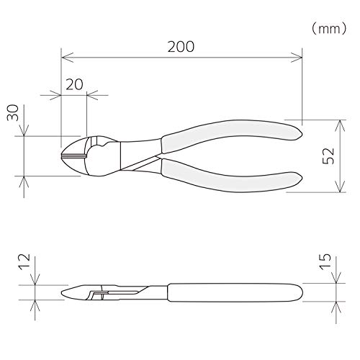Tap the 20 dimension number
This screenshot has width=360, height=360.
tap(74, 84)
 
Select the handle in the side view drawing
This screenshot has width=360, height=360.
tap(230, 292)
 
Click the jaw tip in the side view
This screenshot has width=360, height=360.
tap(66, 294)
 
